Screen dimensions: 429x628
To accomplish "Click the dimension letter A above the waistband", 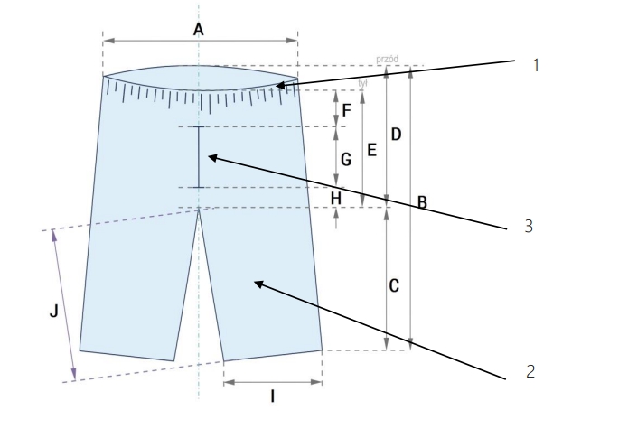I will tap(199, 30).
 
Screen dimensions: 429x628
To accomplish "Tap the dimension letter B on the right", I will tap(422, 203).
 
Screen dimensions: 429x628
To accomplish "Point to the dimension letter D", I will tap(396, 135).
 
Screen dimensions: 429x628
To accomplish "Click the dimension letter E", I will tap(370, 152).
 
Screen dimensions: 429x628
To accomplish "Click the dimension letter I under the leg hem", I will tap(272, 396).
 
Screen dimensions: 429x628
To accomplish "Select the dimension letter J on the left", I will tap(53, 312).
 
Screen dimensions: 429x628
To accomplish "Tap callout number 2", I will tap(530, 370).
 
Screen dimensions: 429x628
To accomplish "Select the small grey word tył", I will tap(363, 84).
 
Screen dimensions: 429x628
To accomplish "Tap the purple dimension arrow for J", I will tap(64, 305).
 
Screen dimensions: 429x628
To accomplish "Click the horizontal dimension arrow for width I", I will tap(272, 381).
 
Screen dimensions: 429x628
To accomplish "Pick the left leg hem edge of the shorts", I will tap(127, 356).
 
